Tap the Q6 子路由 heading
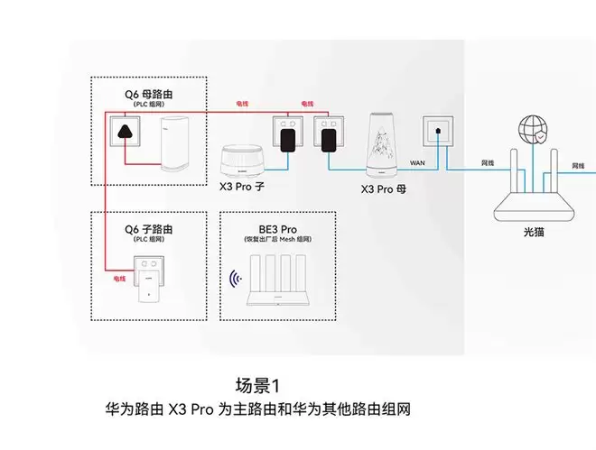[x=150, y=230]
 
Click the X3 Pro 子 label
[x=245, y=189]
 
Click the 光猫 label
[x=535, y=232]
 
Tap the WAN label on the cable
[x=416, y=162]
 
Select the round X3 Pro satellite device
[x=245, y=161]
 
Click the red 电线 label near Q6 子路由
[x=119, y=279]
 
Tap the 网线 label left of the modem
[x=488, y=162]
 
